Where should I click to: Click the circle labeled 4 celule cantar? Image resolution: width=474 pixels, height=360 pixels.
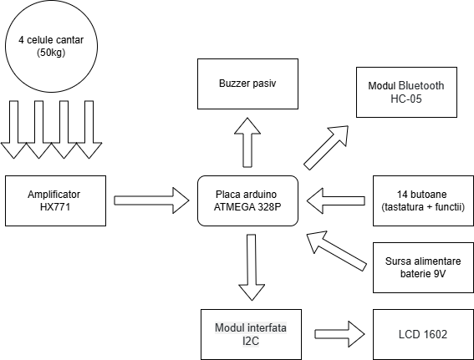pos(51,46)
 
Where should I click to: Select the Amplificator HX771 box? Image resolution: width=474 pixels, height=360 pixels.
pos(56,200)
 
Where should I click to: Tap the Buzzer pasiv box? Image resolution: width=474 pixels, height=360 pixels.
pos(248,84)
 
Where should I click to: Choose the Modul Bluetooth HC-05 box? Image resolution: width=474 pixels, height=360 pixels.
pos(406,92)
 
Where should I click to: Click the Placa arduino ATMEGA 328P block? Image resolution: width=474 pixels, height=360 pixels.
pos(248,200)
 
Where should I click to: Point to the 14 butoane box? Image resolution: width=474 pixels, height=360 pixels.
pos(423,200)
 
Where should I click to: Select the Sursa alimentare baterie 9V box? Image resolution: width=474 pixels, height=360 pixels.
pos(423,267)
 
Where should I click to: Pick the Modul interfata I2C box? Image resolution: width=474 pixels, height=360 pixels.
pos(251,334)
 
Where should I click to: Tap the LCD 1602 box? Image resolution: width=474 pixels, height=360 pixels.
pos(423,334)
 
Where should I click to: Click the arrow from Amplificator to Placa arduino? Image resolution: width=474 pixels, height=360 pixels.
pos(151,200)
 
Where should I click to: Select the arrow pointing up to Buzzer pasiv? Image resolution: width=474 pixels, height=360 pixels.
pos(247,142)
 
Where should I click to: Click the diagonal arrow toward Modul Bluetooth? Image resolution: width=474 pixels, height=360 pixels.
pos(326,148)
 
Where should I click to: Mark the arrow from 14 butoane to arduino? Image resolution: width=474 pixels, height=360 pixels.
pos(336,200)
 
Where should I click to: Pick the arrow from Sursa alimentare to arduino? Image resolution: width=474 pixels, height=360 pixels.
pos(336,251)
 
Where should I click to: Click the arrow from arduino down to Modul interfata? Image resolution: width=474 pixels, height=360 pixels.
pos(252,267)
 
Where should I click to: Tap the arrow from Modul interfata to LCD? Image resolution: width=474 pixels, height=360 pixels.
pos(339,334)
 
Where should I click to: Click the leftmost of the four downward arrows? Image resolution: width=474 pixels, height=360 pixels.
pos(14,129)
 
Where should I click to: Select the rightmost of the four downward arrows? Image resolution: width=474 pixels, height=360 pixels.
pos(89,129)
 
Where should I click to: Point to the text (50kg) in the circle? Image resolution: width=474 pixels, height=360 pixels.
pos(51,53)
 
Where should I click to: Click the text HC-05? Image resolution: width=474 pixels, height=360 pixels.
pos(406,99)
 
